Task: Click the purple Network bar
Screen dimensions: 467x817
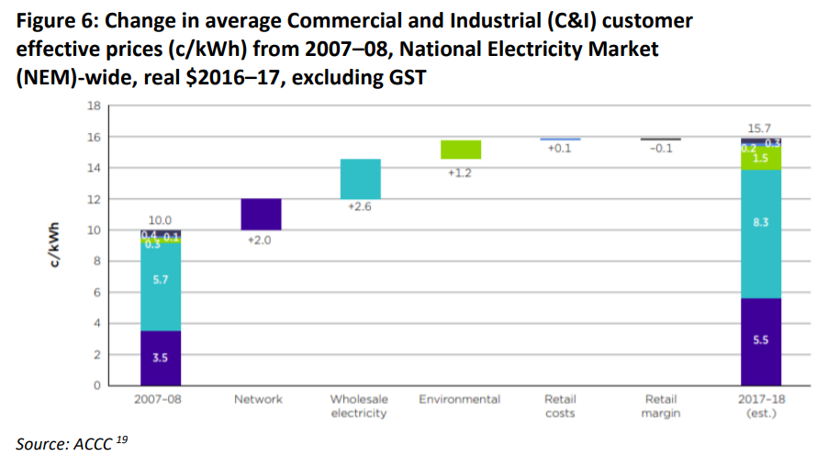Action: [x=262, y=214]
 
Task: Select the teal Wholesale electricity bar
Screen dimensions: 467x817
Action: [x=360, y=179]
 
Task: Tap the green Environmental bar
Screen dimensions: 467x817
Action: [x=461, y=150]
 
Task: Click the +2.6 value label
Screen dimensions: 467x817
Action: [x=360, y=207]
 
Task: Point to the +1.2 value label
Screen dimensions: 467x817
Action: [x=460, y=172]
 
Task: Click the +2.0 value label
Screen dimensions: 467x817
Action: [x=262, y=240]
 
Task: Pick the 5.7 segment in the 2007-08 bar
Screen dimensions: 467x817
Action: [x=161, y=280]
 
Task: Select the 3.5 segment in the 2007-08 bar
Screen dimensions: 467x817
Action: [x=161, y=358]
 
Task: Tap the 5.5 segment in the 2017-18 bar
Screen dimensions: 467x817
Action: [x=761, y=340]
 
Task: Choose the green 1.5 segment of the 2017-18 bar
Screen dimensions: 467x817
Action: [x=761, y=159]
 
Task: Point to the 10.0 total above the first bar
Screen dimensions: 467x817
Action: [x=161, y=220]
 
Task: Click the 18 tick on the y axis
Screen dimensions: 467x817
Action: [x=94, y=106]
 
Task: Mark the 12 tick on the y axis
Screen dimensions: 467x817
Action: [x=94, y=199]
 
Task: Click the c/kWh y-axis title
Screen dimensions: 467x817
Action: [x=57, y=245]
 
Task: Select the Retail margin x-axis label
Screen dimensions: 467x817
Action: [x=660, y=406]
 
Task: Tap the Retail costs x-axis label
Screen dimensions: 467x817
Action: [x=560, y=406]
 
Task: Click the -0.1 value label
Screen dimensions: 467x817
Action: [x=661, y=149]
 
